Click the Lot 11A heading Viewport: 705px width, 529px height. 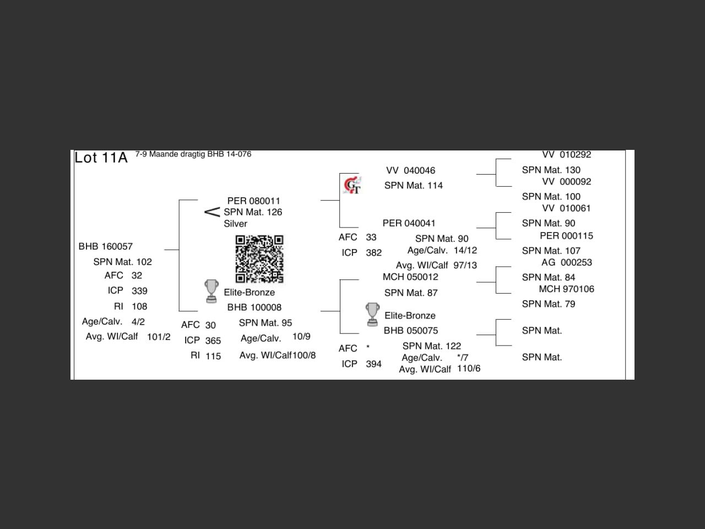click(101, 158)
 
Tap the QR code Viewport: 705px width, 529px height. click(259, 259)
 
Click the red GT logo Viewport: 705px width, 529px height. click(352, 185)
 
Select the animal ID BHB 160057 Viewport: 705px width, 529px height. click(105, 246)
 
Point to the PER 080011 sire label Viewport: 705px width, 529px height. click(253, 201)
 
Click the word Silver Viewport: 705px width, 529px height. click(235, 224)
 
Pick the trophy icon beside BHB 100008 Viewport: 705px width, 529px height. click(211, 292)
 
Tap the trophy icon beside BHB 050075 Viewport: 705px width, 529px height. click(372, 314)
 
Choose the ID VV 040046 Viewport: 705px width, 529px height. click(410, 171)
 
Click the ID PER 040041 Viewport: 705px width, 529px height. click(409, 223)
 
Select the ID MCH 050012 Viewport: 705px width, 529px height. click(410, 277)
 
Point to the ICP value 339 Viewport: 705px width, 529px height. click(139, 291)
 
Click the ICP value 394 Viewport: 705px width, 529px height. click(373, 364)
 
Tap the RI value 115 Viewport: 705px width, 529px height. click(213, 356)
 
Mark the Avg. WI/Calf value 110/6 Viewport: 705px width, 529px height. click(468, 368)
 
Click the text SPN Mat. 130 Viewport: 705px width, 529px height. click(551, 170)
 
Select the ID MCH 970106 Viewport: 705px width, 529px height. click(566, 289)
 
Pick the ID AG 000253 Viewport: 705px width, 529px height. click(566, 262)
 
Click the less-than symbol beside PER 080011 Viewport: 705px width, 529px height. click(212, 212)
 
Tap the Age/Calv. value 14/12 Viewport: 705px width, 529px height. click(465, 250)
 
